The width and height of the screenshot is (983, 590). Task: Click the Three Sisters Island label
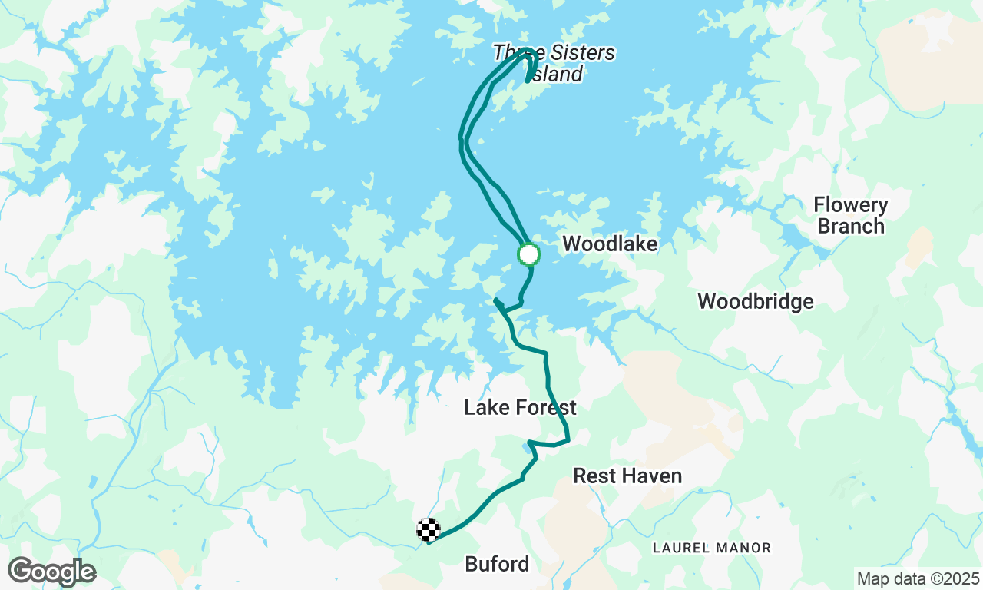click(x=554, y=63)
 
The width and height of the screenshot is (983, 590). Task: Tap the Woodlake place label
click(x=610, y=244)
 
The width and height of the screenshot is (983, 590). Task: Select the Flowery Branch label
click(x=851, y=216)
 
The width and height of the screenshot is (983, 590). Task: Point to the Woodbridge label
click(x=756, y=302)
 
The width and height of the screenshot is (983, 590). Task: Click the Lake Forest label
click(x=520, y=408)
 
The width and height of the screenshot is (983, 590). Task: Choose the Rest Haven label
click(x=627, y=476)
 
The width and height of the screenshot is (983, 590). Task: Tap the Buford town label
click(x=497, y=565)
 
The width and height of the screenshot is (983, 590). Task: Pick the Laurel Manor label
click(x=711, y=548)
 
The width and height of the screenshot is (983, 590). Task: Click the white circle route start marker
click(x=529, y=254)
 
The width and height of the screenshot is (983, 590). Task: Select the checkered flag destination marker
click(x=429, y=530)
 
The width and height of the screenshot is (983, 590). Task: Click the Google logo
click(x=51, y=572)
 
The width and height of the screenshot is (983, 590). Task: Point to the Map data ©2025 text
click(x=918, y=578)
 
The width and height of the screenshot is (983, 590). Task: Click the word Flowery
click(x=851, y=205)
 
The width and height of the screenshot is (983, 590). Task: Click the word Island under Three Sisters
click(x=556, y=74)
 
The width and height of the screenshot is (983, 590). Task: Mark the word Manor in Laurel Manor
click(x=743, y=548)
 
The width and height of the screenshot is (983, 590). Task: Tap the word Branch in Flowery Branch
click(x=851, y=227)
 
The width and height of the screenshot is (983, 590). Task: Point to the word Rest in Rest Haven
click(x=594, y=476)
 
